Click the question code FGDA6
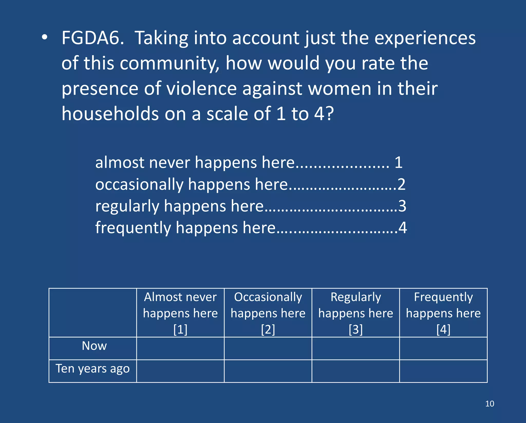pyautogui.click(x=93, y=38)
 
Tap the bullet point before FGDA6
pyautogui.click(x=45, y=37)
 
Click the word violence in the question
pyautogui.click(x=201, y=89)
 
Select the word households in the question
pyautogui.click(x=110, y=114)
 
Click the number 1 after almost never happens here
pyautogui.click(x=398, y=163)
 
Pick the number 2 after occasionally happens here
pyautogui.click(x=401, y=184)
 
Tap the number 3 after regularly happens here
pyautogui.click(x=402, y=206)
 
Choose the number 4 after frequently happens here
pyautogui.click(x=403, y=228)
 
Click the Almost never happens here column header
pyautogui.click(x=180, y=313)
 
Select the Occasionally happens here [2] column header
pyautogui.click(x=268, y=313)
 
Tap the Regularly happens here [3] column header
pyautogui.click(x=356, y=313)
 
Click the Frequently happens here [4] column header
pyautogui.click(x=443, y=313)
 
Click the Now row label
pyautogui.click(x=94, y=346)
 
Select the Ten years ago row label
pyautogui.click(x=92, y=369)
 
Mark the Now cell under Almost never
pyautogui.click(x=180, y=349)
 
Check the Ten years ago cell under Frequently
pyautogui.click(x=443, y=371)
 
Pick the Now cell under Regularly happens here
pyautogui.click(x=356, y=349)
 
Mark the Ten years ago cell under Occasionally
pyautogui.click(x=268, y=371)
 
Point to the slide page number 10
pyautogui.click(x=490, y=404)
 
